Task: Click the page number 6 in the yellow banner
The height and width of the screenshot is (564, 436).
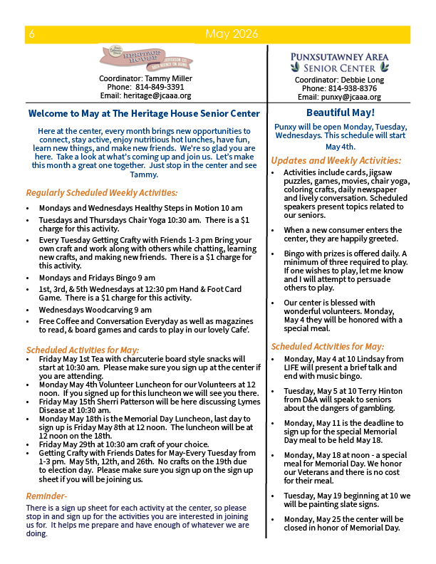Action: (32, 34)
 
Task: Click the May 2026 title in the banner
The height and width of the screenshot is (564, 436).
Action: (231, 34)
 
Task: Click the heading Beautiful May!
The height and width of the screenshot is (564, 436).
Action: (340, 113)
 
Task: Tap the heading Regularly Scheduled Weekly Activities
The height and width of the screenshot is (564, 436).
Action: (102, 192)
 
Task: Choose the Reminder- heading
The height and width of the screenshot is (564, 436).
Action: (47, 496)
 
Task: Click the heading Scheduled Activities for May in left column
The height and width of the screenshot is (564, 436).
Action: (83, 350)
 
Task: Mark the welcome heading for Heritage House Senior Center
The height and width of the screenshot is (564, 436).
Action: (144, 113)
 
